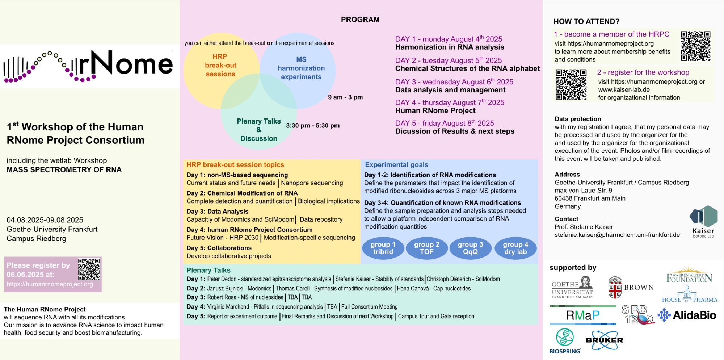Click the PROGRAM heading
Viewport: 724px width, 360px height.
coord(360,20)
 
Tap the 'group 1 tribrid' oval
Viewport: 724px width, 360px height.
coord(383,248)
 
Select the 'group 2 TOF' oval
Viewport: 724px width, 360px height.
coord(427,248)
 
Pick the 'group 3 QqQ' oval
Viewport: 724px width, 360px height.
coord(470,248)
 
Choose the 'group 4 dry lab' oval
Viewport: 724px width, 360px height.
coord(515,248)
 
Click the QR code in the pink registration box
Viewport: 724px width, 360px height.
coord(89,269)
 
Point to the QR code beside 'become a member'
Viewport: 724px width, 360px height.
coord(695,46)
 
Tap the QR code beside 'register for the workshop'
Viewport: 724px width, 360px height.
coord(571,85)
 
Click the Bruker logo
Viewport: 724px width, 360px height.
coord(604,340)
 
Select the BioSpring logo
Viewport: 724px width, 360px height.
coord(565,341)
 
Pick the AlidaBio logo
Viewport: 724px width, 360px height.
coord(687,315)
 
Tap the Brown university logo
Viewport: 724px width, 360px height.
coord(631,288)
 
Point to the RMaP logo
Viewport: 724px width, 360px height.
coord(582,315)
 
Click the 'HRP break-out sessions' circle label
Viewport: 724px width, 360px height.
coord(220,66)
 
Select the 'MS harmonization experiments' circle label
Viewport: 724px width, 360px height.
coord(301,68)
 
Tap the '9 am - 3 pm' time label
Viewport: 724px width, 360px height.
coord(345,97)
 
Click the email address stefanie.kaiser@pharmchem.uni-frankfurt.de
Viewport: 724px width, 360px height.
coord(617,235)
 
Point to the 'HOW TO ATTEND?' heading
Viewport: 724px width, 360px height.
coord(586,21)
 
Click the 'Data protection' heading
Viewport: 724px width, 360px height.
coord(578,119)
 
